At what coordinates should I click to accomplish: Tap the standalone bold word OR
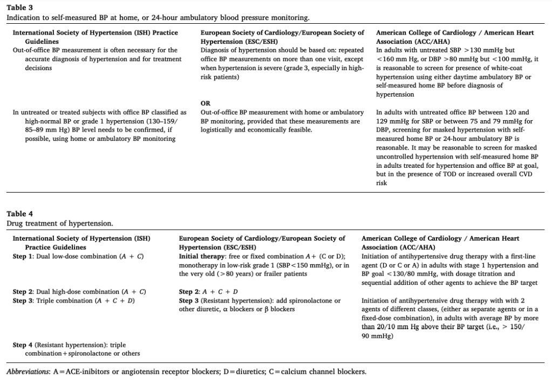click(206, 103)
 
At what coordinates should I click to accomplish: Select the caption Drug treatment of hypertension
click(59, 223)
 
